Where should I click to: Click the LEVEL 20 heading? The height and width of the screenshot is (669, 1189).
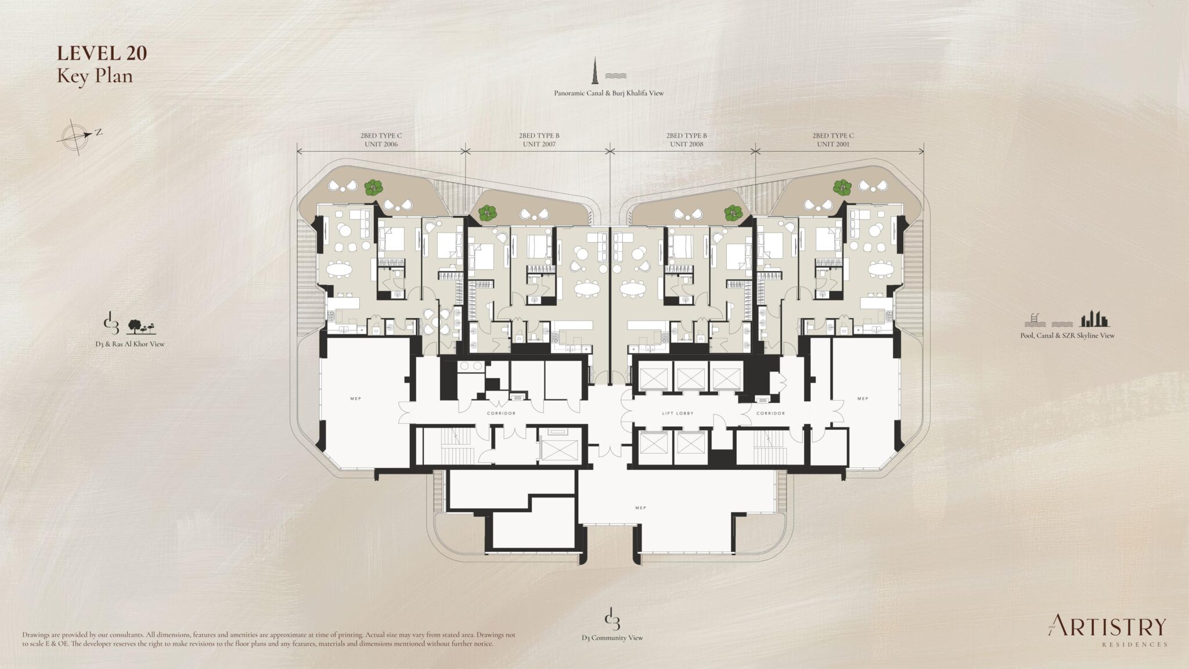102,53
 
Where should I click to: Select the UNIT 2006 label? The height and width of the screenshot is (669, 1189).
381,144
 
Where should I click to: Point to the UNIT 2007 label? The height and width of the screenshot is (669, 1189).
539,144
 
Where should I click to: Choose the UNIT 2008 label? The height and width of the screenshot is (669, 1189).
686,144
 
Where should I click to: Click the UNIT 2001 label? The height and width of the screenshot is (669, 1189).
833,144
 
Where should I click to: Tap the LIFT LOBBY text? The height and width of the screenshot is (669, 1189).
678,413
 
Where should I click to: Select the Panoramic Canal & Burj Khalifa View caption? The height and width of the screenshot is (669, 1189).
608,93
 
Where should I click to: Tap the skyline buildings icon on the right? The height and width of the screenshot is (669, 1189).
1094,319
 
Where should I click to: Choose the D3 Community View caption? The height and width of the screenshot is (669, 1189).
612,638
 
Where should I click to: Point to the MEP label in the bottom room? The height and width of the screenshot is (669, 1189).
640,508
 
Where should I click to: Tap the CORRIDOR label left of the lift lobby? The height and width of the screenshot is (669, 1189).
501,413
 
